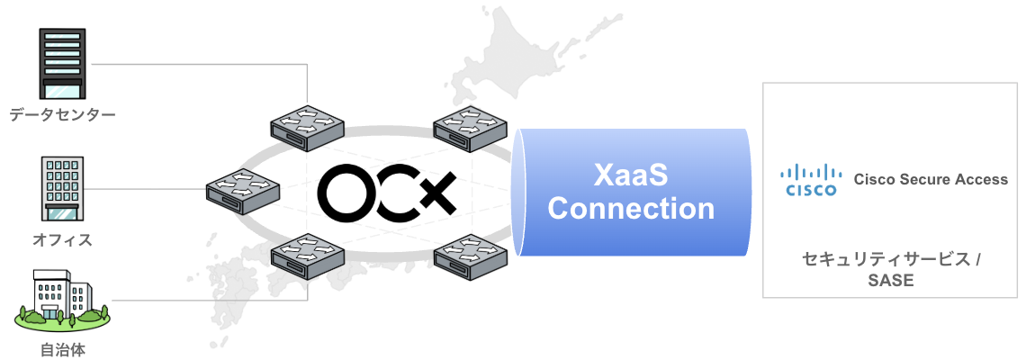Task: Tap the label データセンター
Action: [63, 115]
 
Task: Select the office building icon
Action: [63, 188]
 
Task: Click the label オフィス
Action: [63, 240]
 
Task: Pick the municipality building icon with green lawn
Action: [63, 298]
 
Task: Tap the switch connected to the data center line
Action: [308, 126]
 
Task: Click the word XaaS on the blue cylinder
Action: [631, 174]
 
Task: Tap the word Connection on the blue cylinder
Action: [631, 209]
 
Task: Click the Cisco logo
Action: [811, 180]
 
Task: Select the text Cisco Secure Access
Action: [931, 180]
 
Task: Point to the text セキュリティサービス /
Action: [890, 259]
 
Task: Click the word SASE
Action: [890, 281]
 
